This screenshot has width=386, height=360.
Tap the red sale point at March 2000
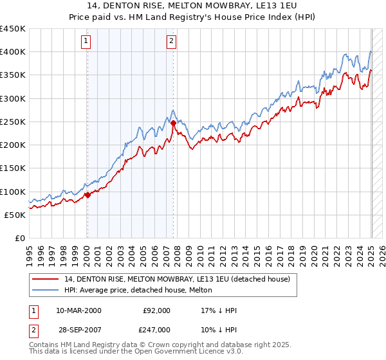(87, 195)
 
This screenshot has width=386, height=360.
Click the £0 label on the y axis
(19, 239)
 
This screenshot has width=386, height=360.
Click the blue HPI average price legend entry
(142, 291)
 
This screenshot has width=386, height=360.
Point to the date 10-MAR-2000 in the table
(78, 310)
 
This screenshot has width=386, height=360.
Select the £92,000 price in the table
(156, 310)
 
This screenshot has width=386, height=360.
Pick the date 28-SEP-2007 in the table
(78, 330)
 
